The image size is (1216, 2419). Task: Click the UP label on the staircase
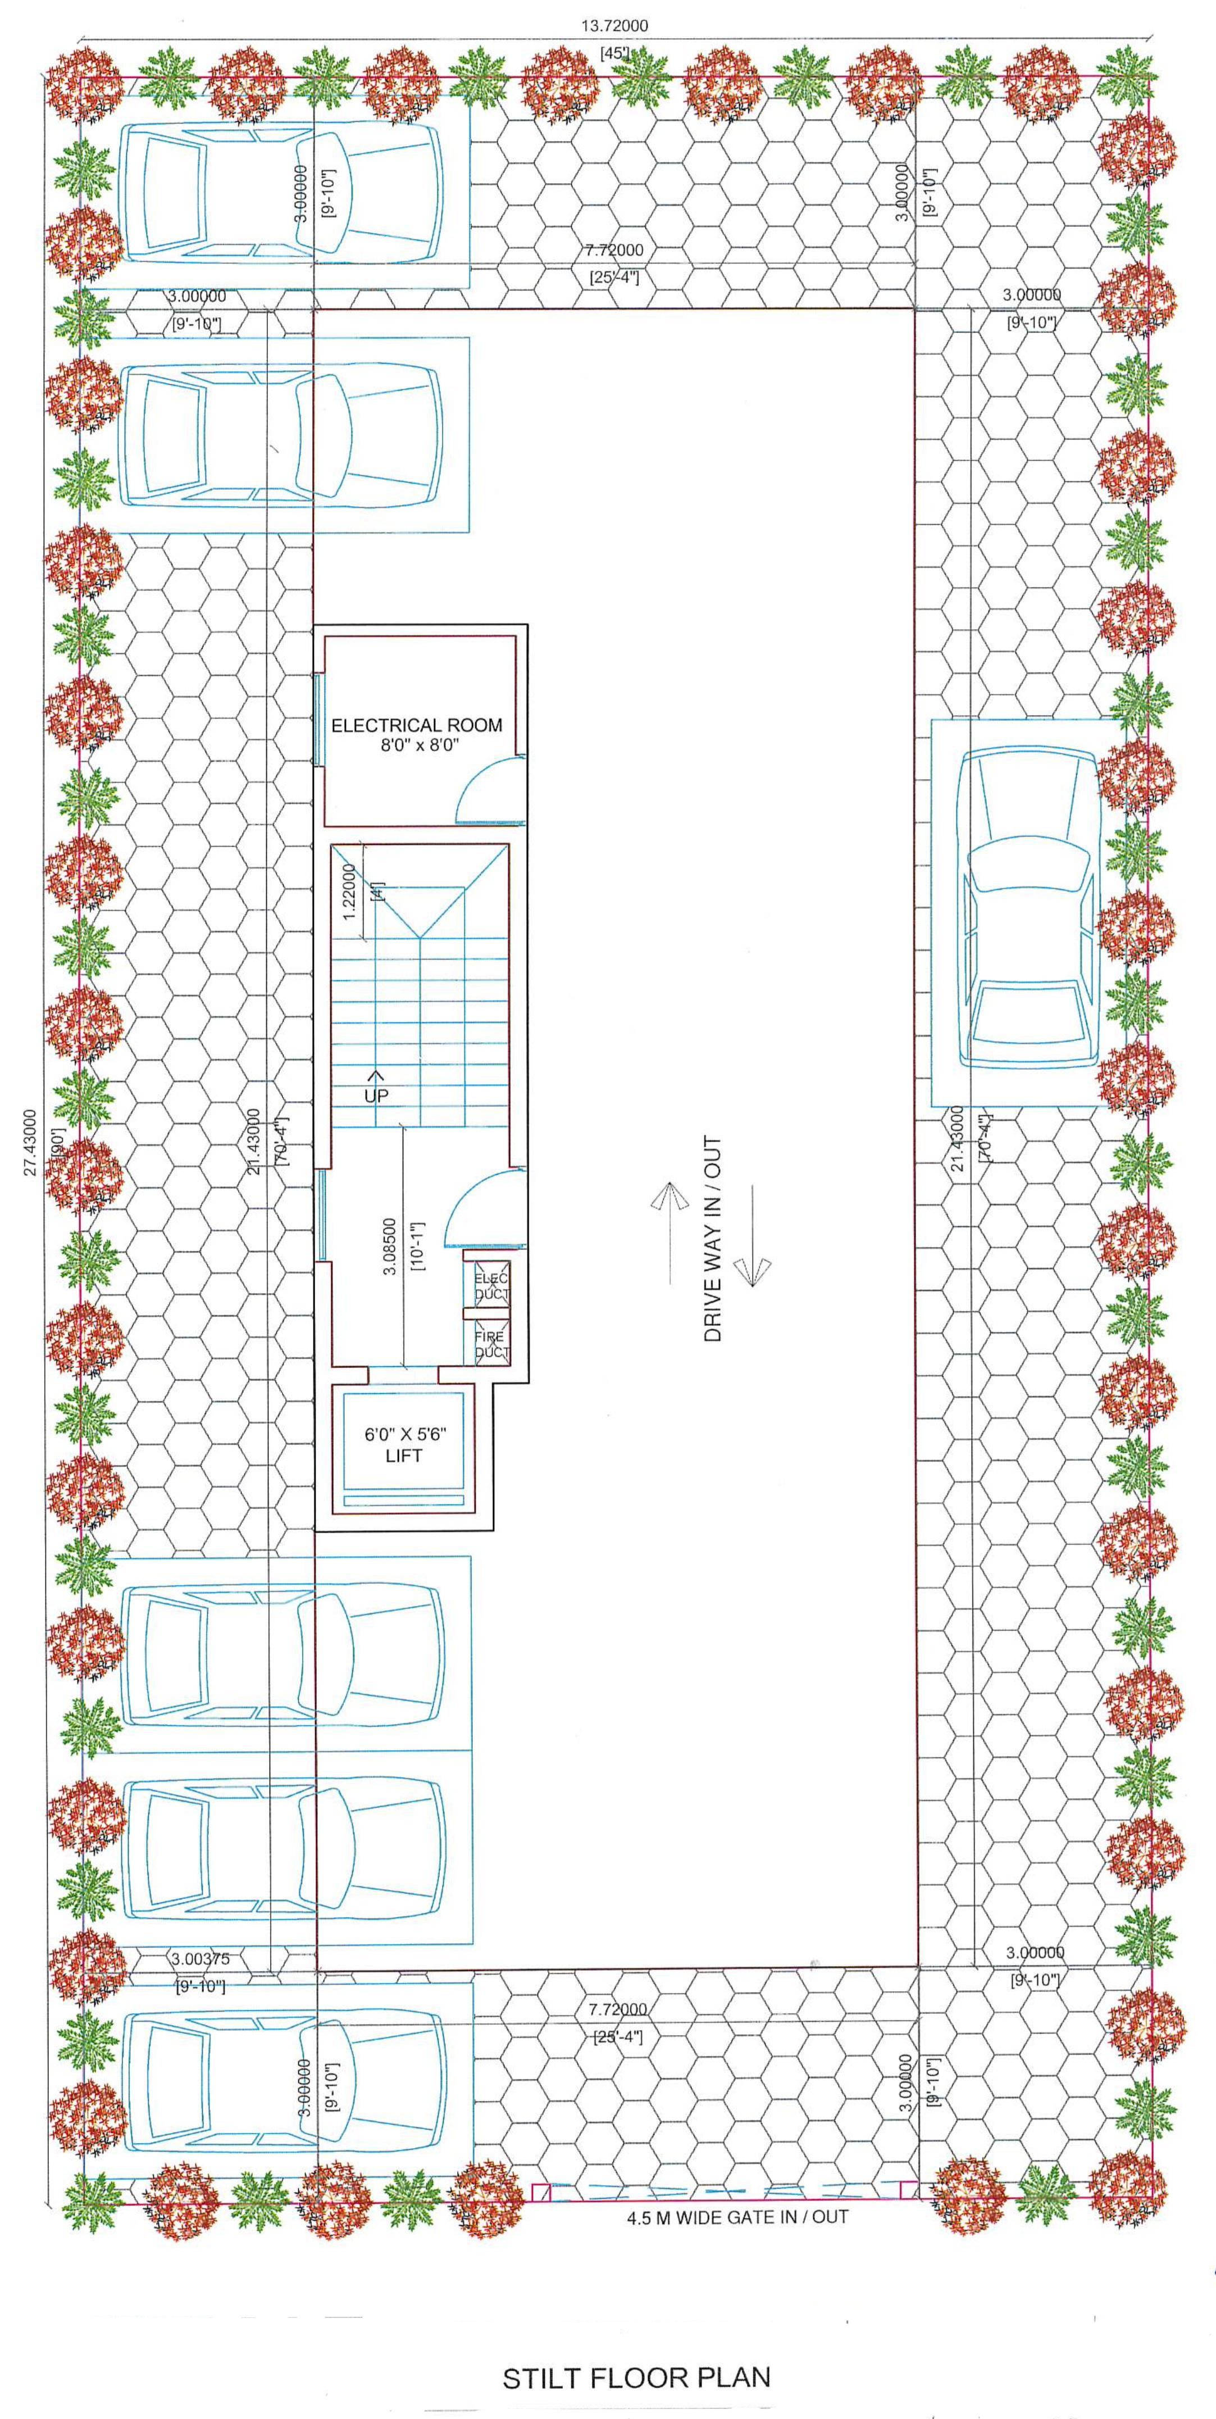click(x=376, y=1095)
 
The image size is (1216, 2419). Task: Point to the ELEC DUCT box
click(x=490, y=1285)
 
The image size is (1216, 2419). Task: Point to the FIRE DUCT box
click(x=490, y=1344)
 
